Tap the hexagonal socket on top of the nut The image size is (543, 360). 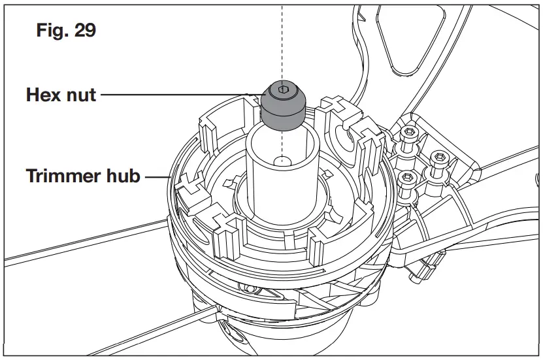click(x=282, y=89)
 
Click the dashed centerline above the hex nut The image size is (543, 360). click(x=282, y=39)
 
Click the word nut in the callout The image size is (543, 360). click(x=82, y=95)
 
